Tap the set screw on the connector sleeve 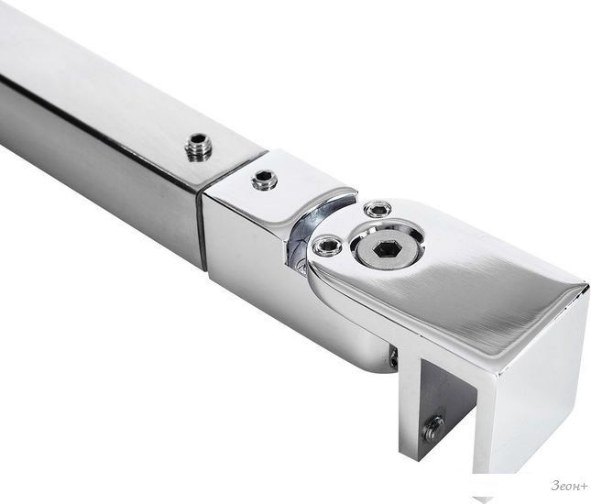click(264, 180)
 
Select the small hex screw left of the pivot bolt click(327, 247)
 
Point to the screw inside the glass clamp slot click(433, 429)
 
